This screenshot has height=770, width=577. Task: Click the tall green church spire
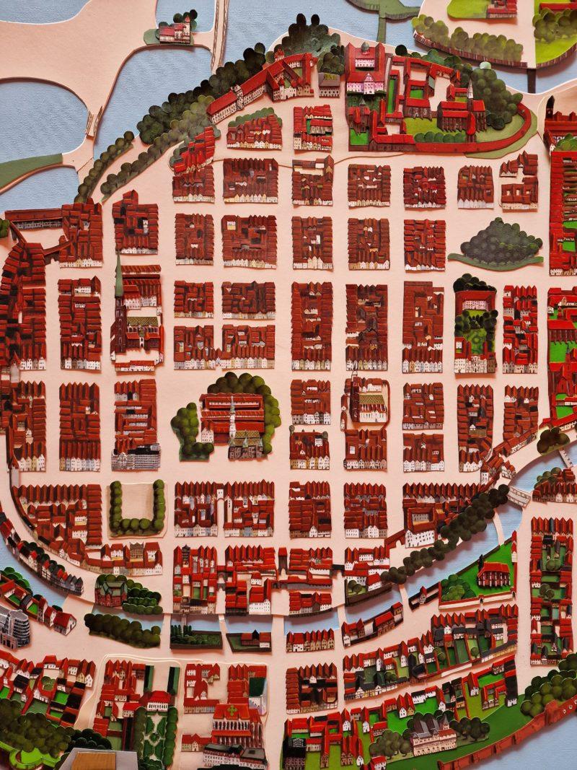click(x=118, y=278)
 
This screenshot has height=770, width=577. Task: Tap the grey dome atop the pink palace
click(x=365, y=48)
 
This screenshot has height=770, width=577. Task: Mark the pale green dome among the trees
click(x=485, y=66)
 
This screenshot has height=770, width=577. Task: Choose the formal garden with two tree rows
click(x=154, y=729)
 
